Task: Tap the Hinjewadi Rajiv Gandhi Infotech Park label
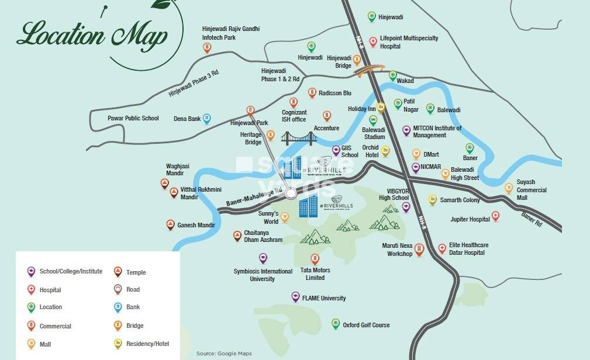tap(230, 33)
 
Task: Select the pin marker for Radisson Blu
tap(312, 93)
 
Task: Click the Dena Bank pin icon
tap(206, 119)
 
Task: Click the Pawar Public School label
tap(133, 118)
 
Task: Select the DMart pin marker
tap(416, 154)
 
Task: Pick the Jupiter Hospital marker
tap(495, 216)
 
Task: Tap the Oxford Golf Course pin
tap(336, 323)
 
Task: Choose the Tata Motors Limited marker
tap(315, 259)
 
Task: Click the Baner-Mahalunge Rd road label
tap(250, 200)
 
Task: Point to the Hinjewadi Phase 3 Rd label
tap(193, 83)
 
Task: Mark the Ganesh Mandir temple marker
tap(170, 224)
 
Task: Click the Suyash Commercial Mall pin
tap(509, 188)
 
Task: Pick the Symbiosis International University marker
tap(263, 258)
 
